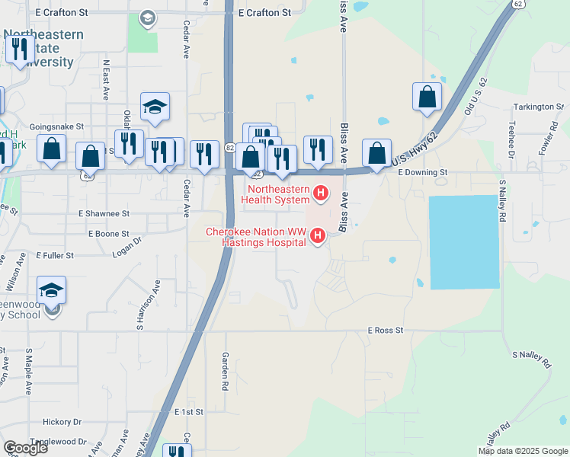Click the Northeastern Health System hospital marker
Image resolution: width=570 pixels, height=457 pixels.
pos(321,193)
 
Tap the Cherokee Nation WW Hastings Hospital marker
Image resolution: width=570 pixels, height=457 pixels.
pos(318,238)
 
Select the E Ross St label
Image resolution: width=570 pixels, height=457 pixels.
pos(385,331)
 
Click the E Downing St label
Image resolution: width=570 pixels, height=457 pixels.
pos(422,172)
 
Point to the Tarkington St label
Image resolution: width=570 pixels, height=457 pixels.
pos(537,107)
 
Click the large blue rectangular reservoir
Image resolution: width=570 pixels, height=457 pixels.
pos(465,242)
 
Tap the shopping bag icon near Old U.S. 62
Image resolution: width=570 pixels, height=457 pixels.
pos(427,97)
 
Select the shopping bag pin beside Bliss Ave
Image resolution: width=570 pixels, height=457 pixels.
pos(376,153)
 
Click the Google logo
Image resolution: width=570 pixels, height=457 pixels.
pos(25,448)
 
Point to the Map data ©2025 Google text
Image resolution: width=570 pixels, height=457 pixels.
pos(522,451)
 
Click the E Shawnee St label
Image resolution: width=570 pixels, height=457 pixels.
pos(104,214)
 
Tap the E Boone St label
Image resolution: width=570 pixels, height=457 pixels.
pos(109,234)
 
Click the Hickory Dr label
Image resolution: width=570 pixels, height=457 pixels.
pos(62,421)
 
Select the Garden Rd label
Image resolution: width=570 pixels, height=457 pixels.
pos(225,371)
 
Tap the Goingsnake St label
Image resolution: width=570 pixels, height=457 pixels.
pos(56,126)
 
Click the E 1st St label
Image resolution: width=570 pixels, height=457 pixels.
pos(188,411)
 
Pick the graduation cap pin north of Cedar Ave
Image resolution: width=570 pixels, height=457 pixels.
pos(155,107)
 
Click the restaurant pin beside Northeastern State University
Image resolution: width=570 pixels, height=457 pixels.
pos(18,50)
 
